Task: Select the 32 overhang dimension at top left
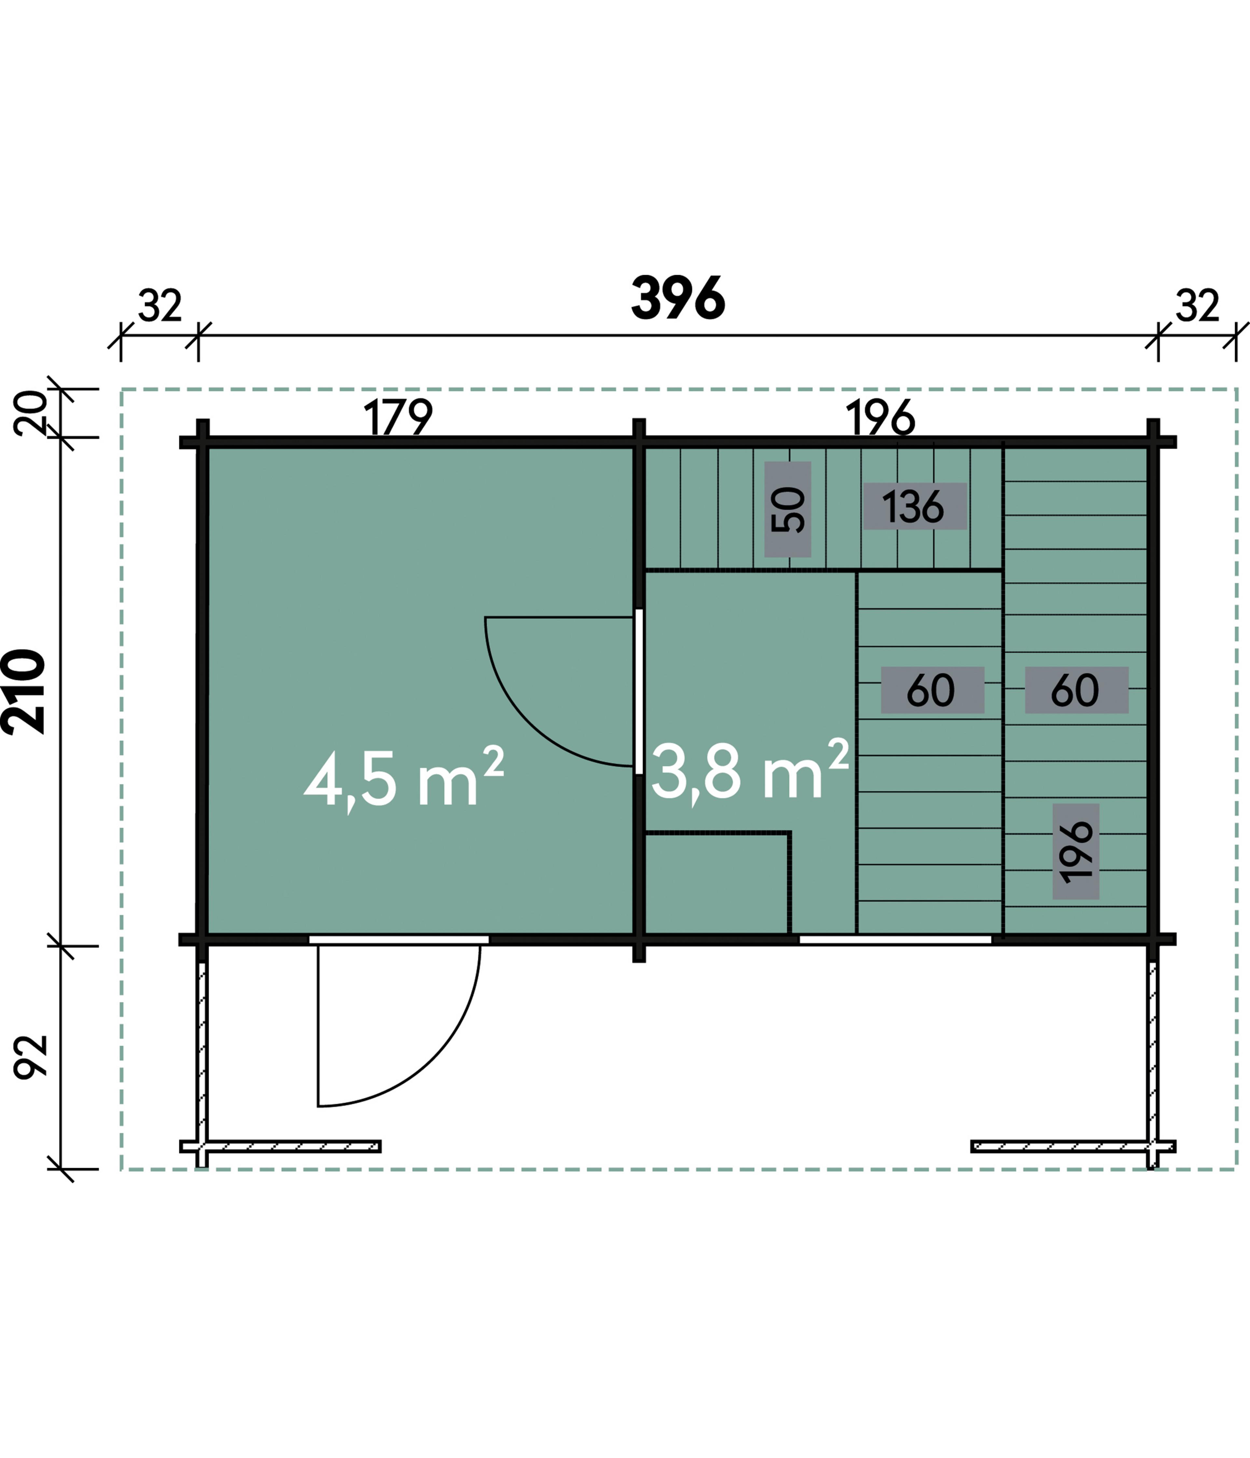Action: [x=160, y=305]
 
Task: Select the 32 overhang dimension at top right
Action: [x=1197, y=305]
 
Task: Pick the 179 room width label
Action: [x=398, y=417]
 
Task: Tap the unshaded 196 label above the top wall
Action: [x=881, y=417]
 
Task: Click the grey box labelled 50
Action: [x=787, y=509]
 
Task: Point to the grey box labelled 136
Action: [x=914, y=506]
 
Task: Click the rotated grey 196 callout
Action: [x=1076, y=851]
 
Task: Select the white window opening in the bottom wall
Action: [x=895, y=939]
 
